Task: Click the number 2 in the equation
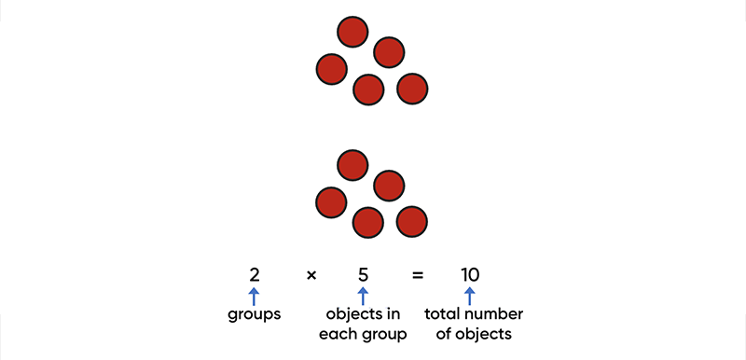click(254, 275)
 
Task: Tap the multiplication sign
click(311, 275)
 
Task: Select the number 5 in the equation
click(364, 275)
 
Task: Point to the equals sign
click(418, 275)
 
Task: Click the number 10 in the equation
click(470, 275)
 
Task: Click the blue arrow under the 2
click(254, 297)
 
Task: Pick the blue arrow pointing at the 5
click(364, 297)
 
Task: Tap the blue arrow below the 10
click(470, 297)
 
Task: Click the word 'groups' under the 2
click(255, 315)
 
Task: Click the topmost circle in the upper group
click(352, 32)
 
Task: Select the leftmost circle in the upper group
click(332, 69)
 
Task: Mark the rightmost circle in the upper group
click(412, 89)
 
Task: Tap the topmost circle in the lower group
click(352, 165)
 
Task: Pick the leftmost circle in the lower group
click(332, 202)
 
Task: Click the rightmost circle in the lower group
click(412, 222)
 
